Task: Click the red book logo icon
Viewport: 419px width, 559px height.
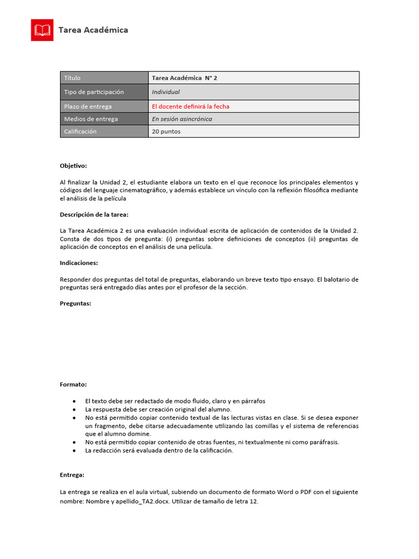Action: [x=42, y=30]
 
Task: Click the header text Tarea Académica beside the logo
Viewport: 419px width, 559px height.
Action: [x=93, y=30]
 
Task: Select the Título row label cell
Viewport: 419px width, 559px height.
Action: [x=104, y=78]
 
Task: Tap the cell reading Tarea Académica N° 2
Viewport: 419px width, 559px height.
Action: [x=184, y=78]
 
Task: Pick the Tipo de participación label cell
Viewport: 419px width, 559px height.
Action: [x=104, y=92]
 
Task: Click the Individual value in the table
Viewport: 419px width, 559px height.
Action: [x=166, y=92]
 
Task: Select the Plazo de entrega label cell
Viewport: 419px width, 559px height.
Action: [x=104, y=106]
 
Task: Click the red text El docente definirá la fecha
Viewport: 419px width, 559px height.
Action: [x=190, y=106]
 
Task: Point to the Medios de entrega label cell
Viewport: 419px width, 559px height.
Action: [x=104, y=119]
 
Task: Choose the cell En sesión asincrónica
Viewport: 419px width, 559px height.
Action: [x=182, y=119]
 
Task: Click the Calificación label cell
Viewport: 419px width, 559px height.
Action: [x=104, y=132]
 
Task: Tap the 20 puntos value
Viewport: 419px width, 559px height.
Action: [x=166, y=132]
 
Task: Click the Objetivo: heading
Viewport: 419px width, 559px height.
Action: [x=73, y=165]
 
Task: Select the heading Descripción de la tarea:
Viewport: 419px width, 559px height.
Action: [x=94, y=215]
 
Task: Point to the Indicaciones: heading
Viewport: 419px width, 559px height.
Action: [x=79, y=263]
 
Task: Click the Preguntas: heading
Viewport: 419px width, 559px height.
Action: [x=75, y=303]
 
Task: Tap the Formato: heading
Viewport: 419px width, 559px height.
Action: [x=73, y=384]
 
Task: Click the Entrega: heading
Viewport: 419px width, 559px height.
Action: [x=72, y=475]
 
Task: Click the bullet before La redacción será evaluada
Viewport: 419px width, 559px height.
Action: [x=74, y=451]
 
